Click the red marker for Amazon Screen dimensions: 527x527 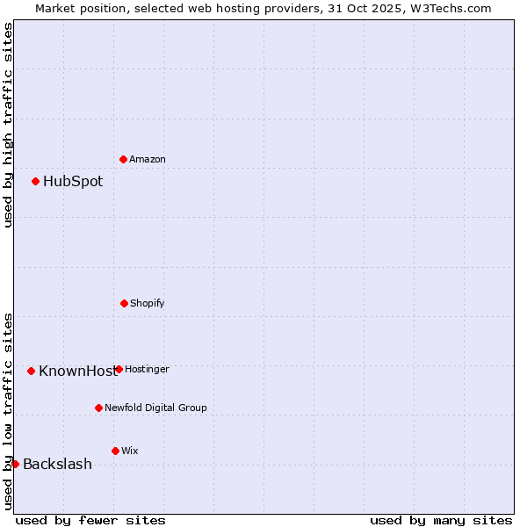(x=123, y=159)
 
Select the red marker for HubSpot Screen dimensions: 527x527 (x=35, y=181)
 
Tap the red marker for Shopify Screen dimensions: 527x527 (x=124, y=303)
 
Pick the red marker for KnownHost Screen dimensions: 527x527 (x=31, y=371)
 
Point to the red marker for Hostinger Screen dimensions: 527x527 (x=119, y=369)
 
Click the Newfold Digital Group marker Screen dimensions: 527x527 (x=98, y=408)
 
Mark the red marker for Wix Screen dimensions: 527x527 (x=115, y=451)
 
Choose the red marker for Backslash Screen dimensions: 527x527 (x=15, y=464)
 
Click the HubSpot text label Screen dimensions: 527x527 (x=73, y=182)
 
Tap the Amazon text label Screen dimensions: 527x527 (x=148, y=160)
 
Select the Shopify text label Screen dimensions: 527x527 (x=148, y=304)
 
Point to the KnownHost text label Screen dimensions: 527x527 (x=76, y=372)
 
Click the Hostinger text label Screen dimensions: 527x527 (x=147, y=370)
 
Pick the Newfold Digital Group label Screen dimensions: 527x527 (x=155, y=408)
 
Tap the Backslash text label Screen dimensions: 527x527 (x=57, y=465)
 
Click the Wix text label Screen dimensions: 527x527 (x=130, y=451)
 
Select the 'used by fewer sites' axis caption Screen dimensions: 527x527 (x=90, y=520)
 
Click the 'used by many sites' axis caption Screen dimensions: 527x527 (x=441, y=520)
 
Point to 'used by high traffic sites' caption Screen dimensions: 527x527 (x=8, y=125)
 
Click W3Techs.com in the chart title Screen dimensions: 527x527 (x=447, y=8)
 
